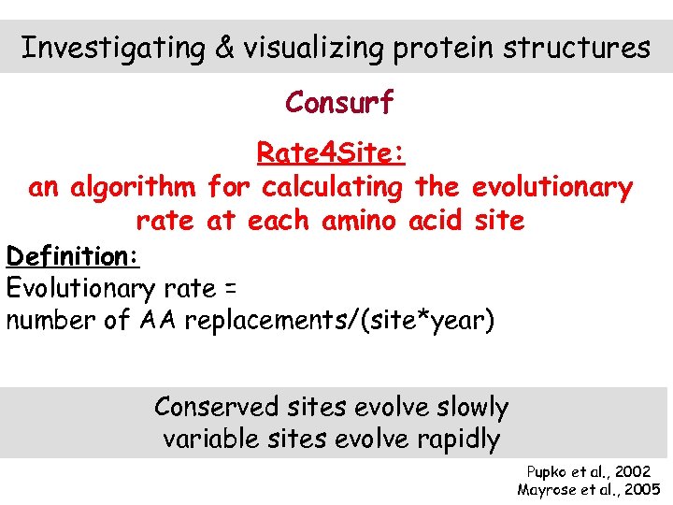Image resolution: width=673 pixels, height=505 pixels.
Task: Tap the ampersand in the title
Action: point(223,48)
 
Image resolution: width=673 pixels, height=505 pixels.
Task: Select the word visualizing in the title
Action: point(312,48)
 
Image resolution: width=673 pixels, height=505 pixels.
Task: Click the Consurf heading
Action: point(339,102)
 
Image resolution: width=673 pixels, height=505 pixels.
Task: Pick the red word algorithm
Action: point(135,187)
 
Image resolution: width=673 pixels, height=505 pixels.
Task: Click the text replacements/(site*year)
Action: point(338,321)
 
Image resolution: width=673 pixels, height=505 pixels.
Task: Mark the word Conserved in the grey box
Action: point(216,407)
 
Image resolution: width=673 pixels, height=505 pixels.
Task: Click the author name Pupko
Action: point(547,472)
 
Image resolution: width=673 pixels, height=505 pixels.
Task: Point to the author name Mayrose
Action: point(547,489)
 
